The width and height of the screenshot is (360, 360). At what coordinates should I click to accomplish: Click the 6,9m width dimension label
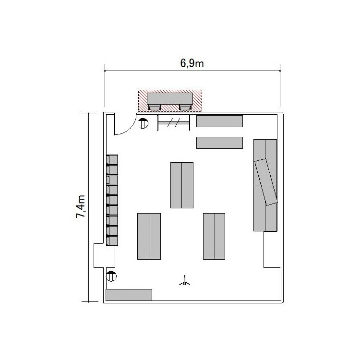(x=192, y=63)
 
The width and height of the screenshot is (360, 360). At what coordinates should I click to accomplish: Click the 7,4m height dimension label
(x=81, y=206)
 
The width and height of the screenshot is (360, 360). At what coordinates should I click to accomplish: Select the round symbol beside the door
(x=143, y=123)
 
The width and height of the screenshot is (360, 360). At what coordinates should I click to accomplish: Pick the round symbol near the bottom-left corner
(x=111, y=276)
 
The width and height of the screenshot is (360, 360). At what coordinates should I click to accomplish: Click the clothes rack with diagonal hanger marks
(x=174, y=123)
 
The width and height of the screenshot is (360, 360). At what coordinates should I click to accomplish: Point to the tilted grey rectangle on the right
(x=266, y=182)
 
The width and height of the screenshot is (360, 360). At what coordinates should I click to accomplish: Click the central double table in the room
(x=182, y=185)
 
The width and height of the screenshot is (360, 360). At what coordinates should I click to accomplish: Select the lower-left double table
(x=149, y=236)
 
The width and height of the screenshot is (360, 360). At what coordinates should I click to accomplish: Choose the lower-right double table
(x=214, y=236)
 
